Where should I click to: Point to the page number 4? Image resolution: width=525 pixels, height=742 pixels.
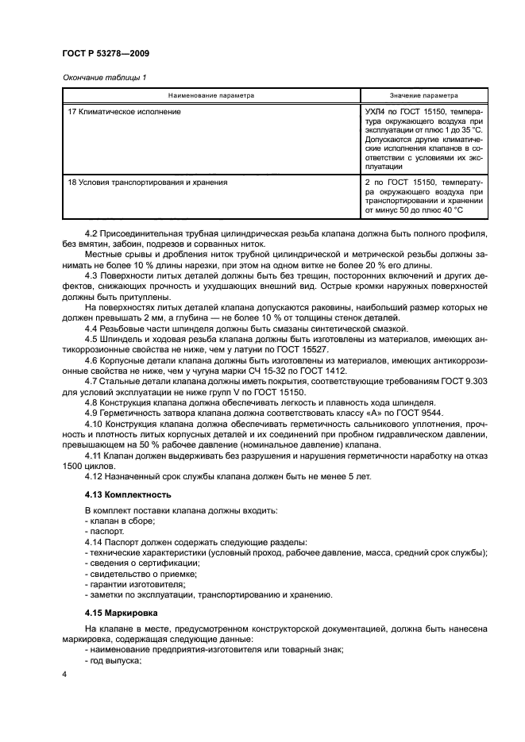[x=64, y=674]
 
